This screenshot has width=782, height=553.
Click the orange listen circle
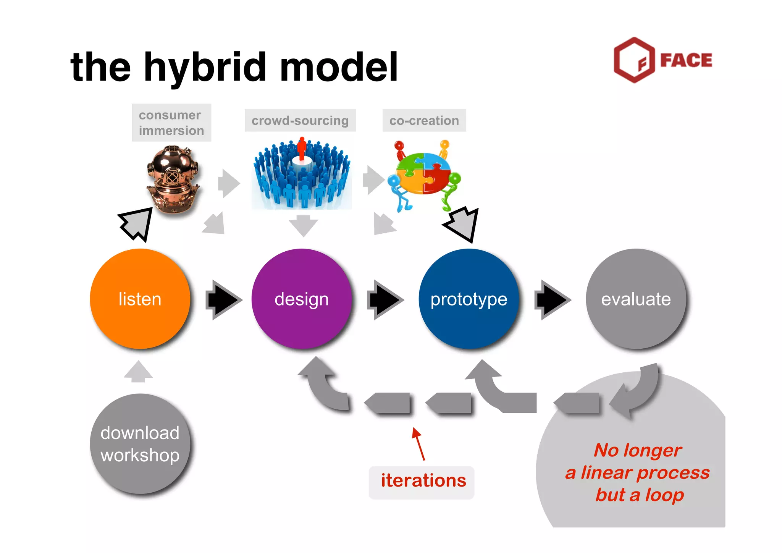tap(140, 299)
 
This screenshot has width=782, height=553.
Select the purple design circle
tap(301, 299)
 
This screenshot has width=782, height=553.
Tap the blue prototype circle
tap(469, 299)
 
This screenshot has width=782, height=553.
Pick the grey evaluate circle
tap(636, 299)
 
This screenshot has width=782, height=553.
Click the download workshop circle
tap(140, 444)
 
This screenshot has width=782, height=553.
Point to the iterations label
tap(423, 481)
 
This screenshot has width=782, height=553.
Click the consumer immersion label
tap(171, 123)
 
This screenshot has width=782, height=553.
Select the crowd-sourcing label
tap(300, 121)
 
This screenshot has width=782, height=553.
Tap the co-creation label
tap(424, 121)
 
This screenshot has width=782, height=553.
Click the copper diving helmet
tap(173, 179)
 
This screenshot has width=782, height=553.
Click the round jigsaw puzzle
tap(423, 174)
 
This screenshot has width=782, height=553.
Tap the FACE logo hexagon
tap(634, 60)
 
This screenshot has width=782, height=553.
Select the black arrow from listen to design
tap(223, 300)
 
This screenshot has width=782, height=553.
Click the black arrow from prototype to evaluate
tap(552, 300)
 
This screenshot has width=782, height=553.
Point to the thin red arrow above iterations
tap(418, 444)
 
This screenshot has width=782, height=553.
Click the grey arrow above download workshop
tap(138, 372)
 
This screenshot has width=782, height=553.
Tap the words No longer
tap(638, 451)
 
